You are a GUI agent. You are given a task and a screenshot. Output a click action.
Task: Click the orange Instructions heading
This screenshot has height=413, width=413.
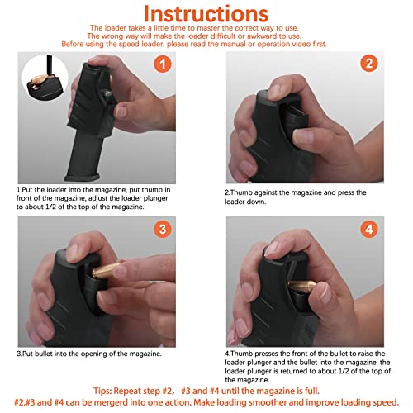206,15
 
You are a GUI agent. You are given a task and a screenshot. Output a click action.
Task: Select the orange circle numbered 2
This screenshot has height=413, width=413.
370,63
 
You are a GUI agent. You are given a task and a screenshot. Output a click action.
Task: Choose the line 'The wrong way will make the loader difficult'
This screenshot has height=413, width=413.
206,36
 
